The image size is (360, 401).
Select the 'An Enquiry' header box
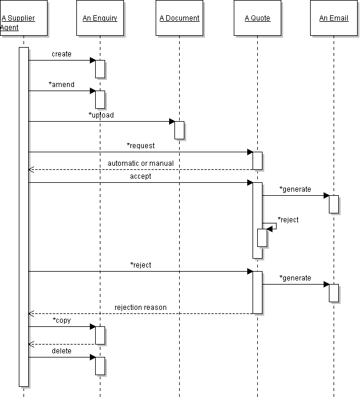coord(100,18)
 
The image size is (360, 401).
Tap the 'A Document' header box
coord(179,18)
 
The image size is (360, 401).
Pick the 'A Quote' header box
coord(257,18)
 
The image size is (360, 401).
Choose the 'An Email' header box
coord(334,18)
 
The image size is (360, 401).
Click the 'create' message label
coord(62,54)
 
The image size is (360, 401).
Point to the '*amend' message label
coord(62,85)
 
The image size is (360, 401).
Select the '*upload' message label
coord(101,115)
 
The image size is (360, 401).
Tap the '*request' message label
coord(140,145)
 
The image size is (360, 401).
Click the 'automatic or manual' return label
coord(140,163)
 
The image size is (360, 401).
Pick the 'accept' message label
coord(140,176)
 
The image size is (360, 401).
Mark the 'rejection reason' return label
coord(140,307)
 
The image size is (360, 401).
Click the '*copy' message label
coord(62,320)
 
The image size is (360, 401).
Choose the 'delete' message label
coord(62,351)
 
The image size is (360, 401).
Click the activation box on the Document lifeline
coord(180,130)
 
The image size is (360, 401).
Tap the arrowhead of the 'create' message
coord(92,60)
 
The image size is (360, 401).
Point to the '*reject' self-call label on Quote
coord(288,220)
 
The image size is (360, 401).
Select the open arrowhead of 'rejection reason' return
coord(31,313)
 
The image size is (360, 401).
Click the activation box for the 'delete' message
coord(100,366)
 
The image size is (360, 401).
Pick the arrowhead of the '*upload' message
coord(172,121)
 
